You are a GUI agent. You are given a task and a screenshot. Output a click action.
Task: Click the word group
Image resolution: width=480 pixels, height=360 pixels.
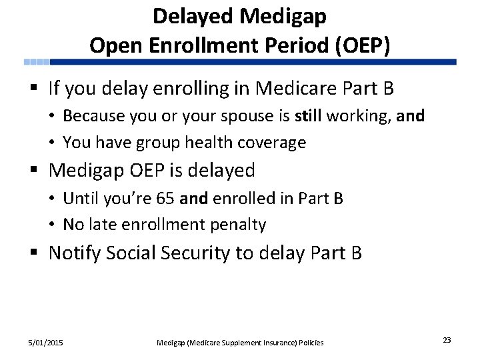pos(160,143)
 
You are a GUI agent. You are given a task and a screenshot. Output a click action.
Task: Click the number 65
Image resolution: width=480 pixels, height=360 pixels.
pos(175,198)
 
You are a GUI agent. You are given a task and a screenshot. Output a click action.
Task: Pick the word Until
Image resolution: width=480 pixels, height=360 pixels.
pos(78,198)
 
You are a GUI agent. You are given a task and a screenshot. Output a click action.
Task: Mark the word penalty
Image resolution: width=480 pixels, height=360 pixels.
pos(237,225)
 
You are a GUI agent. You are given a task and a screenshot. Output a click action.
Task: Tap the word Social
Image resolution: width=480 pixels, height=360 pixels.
pos(143,253)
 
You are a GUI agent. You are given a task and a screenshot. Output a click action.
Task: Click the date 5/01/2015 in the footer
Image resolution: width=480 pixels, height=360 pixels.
pos(45,343)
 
